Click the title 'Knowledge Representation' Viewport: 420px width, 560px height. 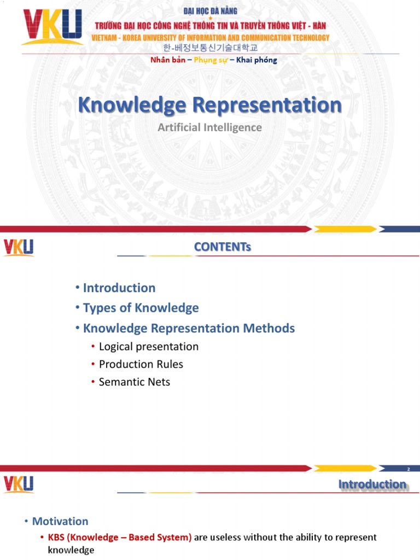(210, 105)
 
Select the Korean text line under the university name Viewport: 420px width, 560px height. (211, 48)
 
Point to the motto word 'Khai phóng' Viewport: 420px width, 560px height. (256, 60)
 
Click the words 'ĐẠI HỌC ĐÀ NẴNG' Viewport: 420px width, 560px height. (211, 9)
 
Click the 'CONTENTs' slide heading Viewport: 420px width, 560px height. (222, 247)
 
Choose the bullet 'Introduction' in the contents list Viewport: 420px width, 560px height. (119, 288)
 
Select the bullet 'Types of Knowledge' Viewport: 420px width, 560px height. (141, 308)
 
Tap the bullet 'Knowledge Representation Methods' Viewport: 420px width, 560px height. (189, 328)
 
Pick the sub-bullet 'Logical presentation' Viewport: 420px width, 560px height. (148, 347)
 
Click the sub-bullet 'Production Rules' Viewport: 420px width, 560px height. (141, 364)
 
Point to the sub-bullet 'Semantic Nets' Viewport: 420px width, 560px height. (134, 382)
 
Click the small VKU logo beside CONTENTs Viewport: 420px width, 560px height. (19, 247)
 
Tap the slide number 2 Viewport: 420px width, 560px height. (408, 469)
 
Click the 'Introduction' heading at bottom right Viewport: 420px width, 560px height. (372, 484)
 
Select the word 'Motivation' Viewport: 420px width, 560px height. (60, 521)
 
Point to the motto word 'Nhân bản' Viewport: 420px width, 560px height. (167, 60)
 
